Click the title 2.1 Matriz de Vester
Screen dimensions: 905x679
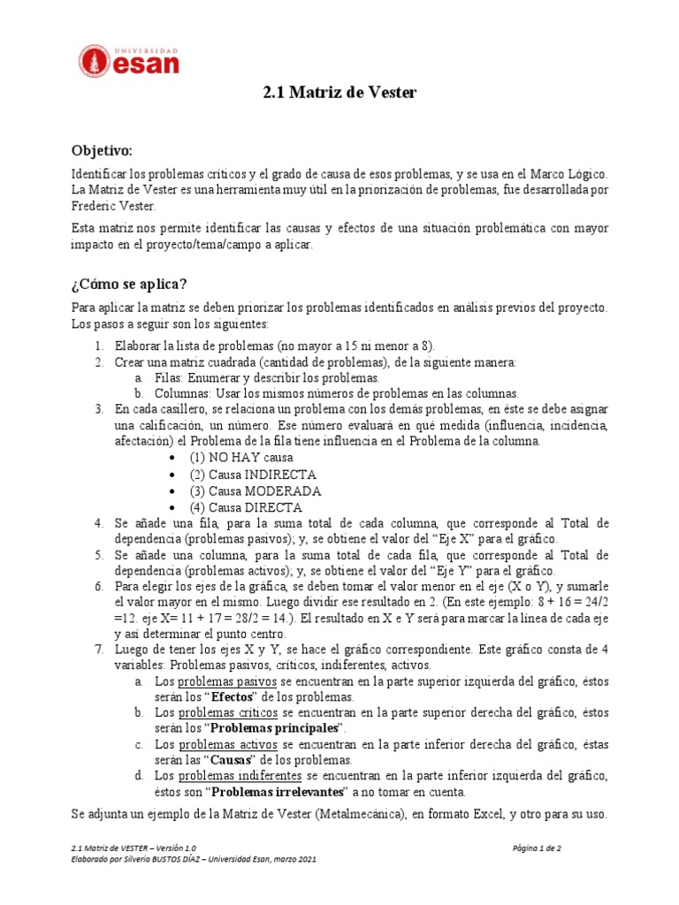(339, 93)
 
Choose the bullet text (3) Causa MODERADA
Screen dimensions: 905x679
(255, 491)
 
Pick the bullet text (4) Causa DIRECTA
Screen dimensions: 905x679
(245, 507)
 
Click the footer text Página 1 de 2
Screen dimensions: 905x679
(537, 848)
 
